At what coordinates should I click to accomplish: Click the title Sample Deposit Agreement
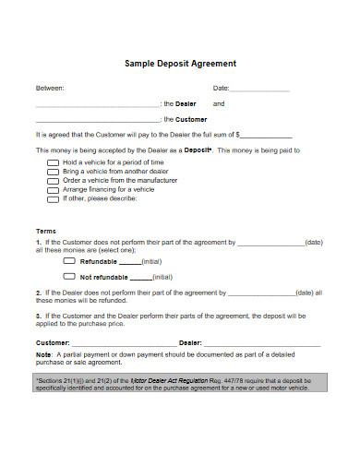point(180,64)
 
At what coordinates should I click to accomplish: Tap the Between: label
point(50,89)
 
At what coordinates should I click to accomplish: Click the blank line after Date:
point(259,90)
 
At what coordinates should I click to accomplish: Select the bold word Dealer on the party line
point(186,104)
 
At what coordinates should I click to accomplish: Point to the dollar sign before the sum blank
point(238,134)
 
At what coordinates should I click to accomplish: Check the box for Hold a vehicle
point(53,161)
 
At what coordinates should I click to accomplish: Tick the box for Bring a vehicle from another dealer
point(53,171)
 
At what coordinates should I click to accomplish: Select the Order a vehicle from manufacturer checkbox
point(53,180)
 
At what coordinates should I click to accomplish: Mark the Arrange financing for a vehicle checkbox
point(53,189)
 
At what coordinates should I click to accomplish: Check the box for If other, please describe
point(53,198)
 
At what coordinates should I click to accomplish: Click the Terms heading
point(46,231)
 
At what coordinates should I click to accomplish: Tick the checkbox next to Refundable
point(69,261)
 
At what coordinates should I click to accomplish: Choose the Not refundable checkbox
point(69,276)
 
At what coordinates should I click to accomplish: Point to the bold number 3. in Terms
point(39,316)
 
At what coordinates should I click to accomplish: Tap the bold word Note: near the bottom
point(44,354)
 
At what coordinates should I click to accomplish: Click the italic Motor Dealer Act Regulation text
point(164,380)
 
